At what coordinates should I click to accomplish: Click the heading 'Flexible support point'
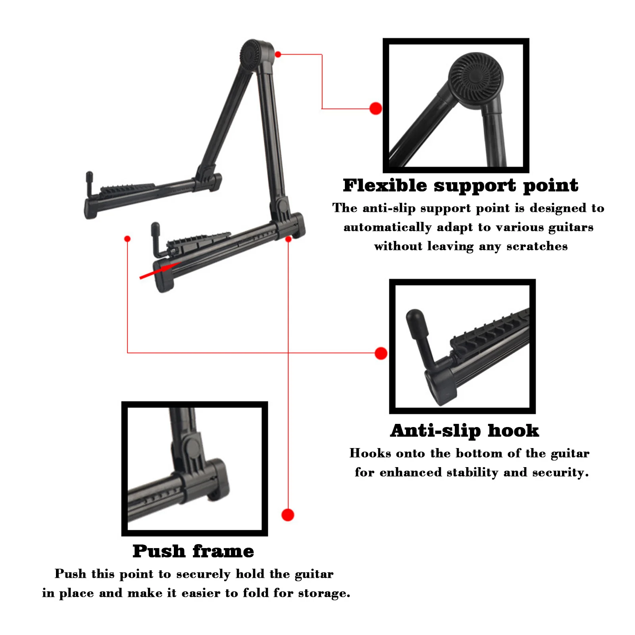[x=460, y=186]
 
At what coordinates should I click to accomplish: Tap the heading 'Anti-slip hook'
[x=464, y=431]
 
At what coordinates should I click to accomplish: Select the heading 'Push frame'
[x=193, y=551]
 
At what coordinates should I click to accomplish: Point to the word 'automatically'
[x=387, y=227]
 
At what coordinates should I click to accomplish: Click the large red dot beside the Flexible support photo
[x=375, y=108]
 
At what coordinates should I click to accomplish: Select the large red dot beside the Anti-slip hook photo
[x=381, y=353]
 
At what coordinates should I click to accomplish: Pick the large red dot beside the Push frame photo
[x=288, y=515]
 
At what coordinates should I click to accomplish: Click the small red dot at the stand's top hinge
[x=278, y=54]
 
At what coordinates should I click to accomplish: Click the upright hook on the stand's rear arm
[x=90, y=183]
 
